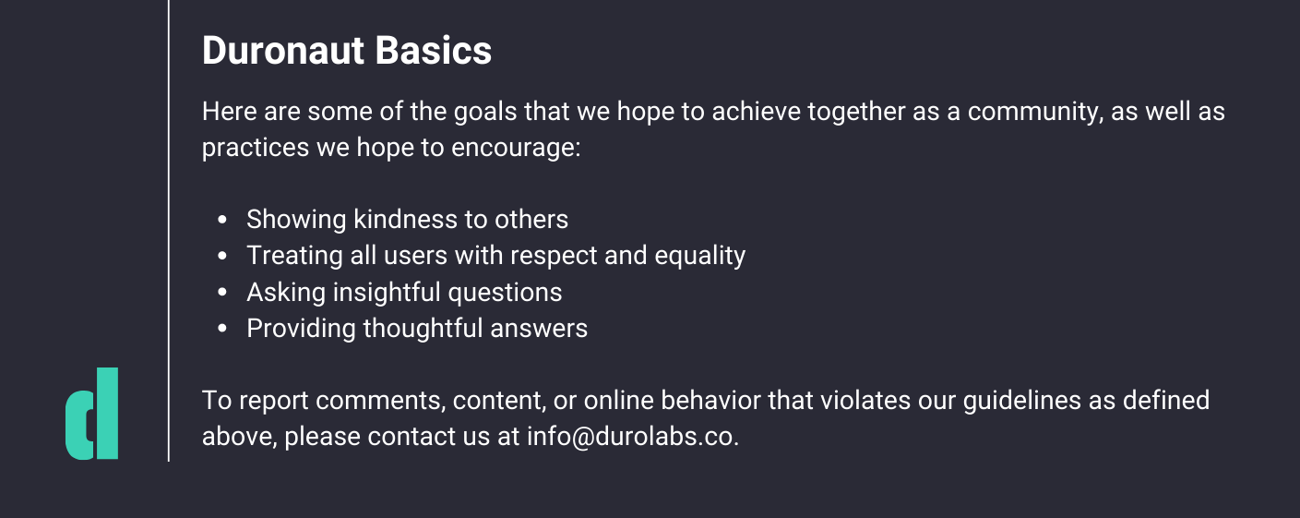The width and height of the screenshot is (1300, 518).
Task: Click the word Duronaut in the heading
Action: [x=282, y=50]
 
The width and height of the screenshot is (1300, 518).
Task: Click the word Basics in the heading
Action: [x=433, y=50]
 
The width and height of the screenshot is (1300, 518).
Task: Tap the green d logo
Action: [x=91, y=413]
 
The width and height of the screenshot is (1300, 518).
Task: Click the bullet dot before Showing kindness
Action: [x=221, y=220]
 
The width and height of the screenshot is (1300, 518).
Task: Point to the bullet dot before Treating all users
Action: [x=221, y=256]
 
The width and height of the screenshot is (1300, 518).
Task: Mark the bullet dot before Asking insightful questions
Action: [x=221, y=292]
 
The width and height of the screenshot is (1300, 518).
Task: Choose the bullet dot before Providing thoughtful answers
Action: [x=221, y=328]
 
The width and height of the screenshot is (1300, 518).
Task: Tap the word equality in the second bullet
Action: [x=700, y=257]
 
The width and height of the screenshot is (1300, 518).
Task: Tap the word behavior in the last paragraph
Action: [x=710, y=400]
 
